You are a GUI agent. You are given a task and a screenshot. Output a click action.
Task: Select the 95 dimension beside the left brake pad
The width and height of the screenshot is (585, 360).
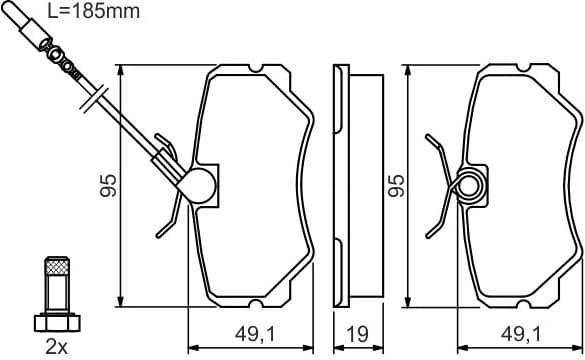point(108,185)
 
